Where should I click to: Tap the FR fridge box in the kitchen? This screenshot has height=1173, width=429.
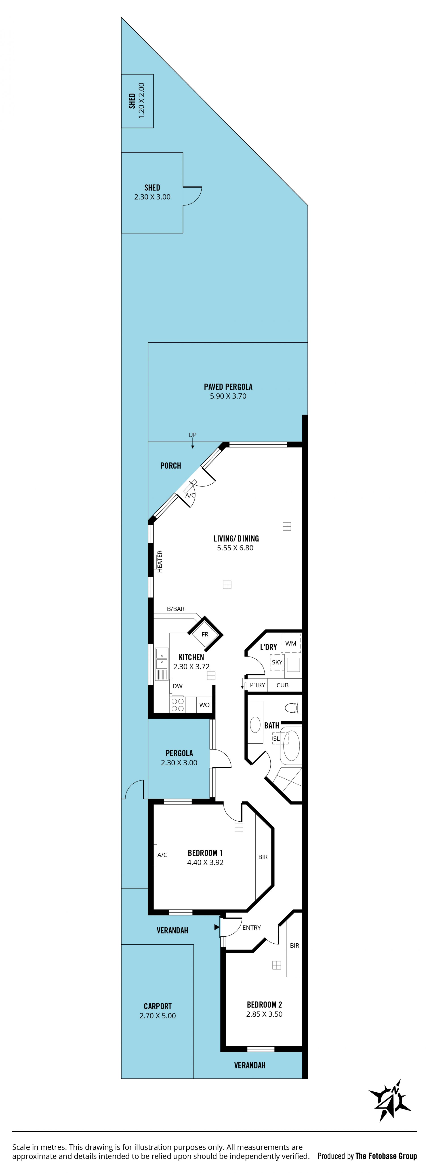(x=205, y=634)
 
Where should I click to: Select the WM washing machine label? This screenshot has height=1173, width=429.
(x=290, y=643)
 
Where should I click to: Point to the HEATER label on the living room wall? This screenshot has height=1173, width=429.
(x=160, y=561)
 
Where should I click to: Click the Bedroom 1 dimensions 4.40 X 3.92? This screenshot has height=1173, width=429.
(x=205, y=862)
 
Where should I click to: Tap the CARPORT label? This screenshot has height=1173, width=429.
(x=158, y=1006)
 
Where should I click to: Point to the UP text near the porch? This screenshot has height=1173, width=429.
(x=193, y=435)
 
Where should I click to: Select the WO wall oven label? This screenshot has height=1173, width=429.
(x=204, y=705)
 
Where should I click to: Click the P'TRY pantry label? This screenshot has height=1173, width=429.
(x=257, y=685)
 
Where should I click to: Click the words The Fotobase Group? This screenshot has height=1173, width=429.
(x=386, y=1156)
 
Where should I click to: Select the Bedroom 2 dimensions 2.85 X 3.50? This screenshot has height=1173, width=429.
(x=264, y=1014)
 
